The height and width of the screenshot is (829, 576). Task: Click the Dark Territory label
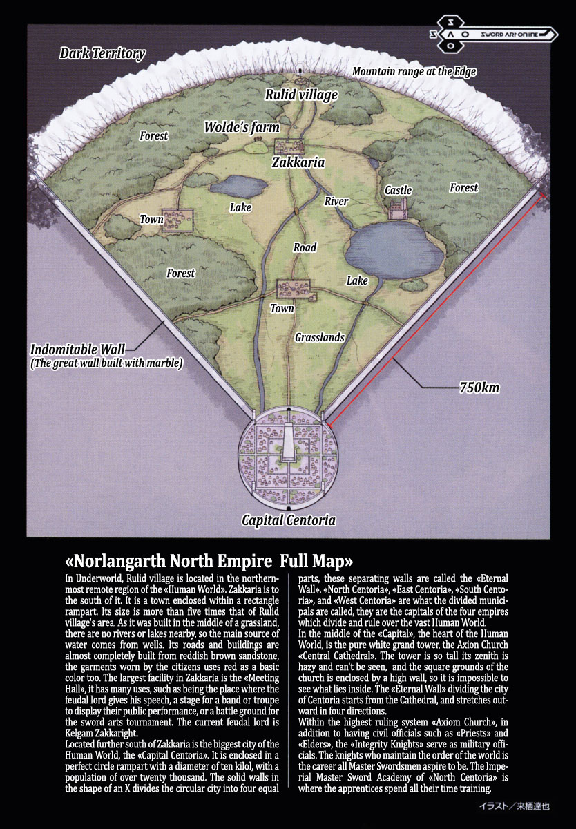pyautogui.click(x=102, y=54)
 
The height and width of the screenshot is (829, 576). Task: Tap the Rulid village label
pyautogui.click(x=302, y=95)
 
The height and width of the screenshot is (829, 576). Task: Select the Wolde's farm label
pyautogui.click(x=242, y=127)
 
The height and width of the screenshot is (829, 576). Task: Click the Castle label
pyautogui.click(x=398, y=190)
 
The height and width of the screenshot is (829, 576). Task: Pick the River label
pyautogui.click(x=336, y=202)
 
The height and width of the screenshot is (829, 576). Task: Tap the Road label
pyautogui.click(x=305, y=247)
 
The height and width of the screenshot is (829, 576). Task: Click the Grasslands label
pyautogui.click(x=319, y=338)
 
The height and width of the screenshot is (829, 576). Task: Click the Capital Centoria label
pyautogui.click(x=288, y=520)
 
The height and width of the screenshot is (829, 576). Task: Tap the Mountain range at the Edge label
pyautogui.click(x=414, y=72)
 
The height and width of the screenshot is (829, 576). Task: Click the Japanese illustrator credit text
pyautogui.click(x=519, y=806)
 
